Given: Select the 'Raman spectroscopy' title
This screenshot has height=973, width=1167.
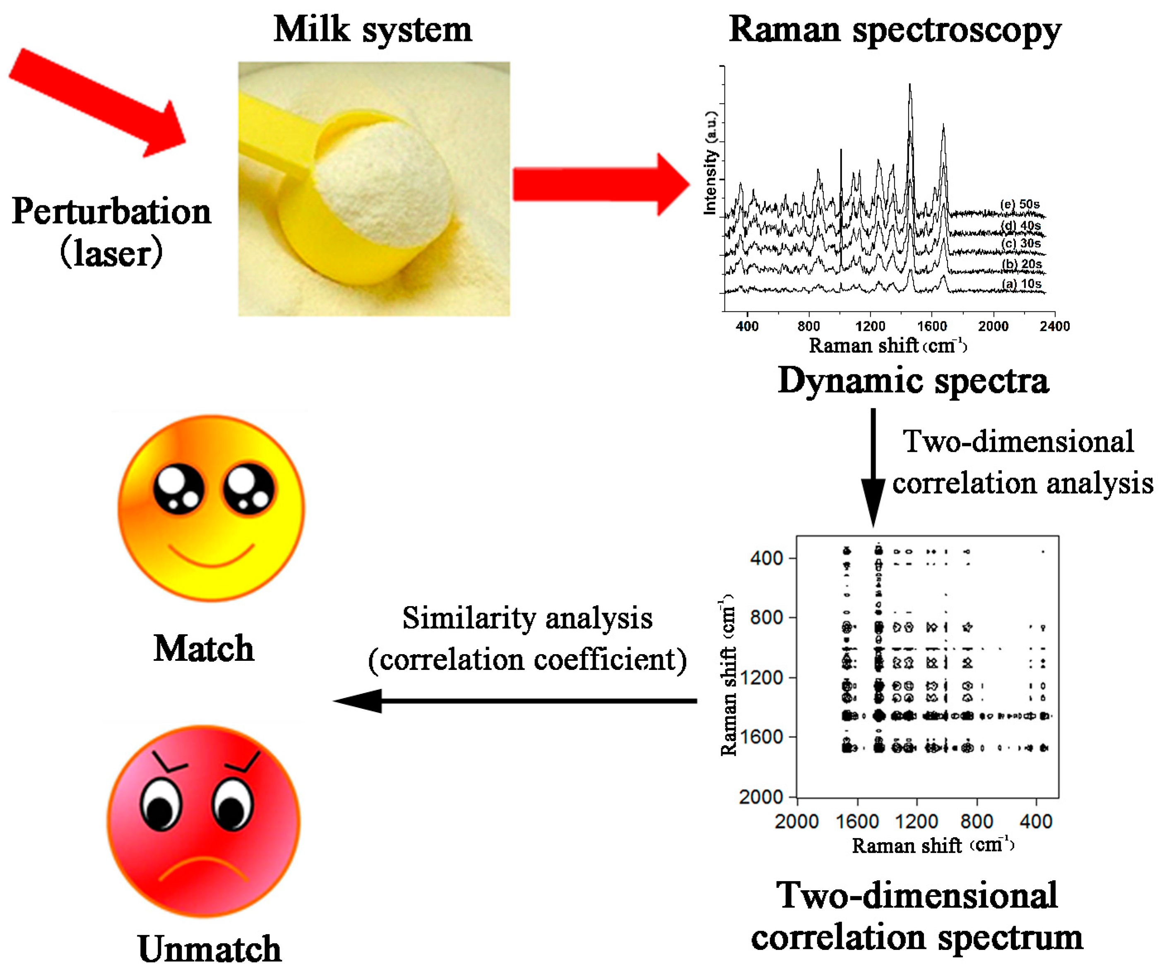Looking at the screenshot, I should coord(895,31).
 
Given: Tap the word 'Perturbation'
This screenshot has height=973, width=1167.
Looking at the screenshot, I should coord(111,212).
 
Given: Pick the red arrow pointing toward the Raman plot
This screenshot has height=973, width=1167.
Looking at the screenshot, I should coord(600,185).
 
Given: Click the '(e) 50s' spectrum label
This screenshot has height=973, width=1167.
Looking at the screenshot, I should coord(1020,204).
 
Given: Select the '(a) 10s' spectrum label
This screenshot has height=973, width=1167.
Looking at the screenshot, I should coord(1021,284).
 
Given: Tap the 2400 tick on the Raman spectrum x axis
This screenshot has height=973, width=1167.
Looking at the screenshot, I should coord(1054,326).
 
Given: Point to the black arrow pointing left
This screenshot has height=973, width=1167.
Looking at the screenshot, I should coord(514,701).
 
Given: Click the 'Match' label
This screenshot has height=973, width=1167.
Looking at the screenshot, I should coord(204,648).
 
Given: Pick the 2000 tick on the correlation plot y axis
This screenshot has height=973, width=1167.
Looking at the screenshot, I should coord(761,797).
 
